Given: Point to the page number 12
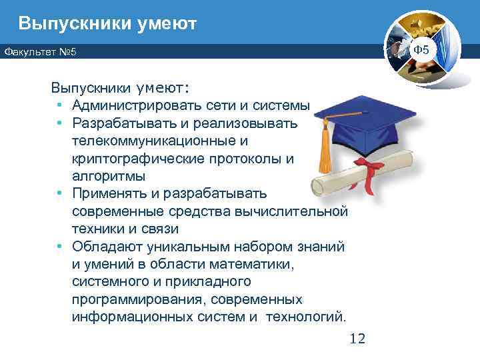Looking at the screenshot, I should point(357,339).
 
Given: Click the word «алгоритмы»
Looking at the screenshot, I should point(108,176).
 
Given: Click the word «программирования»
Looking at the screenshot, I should point(134,299).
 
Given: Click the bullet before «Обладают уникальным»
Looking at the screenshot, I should point(59,247).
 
